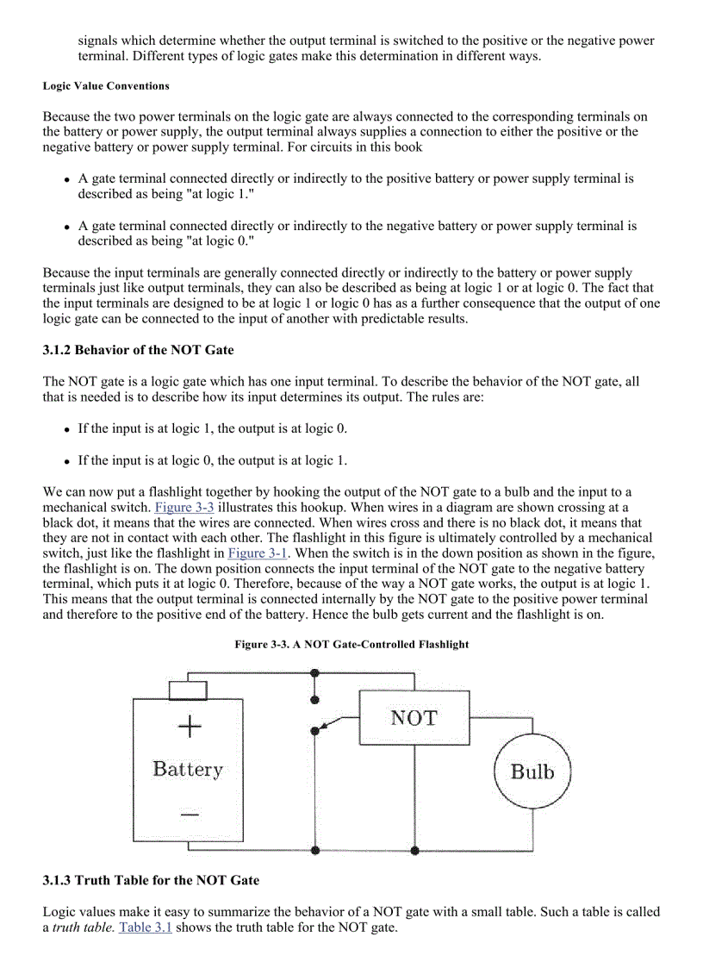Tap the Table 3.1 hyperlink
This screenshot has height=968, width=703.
[145, 928]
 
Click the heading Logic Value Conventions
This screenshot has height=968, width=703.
[106, 86]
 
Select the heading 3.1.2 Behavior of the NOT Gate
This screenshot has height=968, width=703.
[138, 351]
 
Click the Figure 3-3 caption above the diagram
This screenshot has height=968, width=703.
[351, 644]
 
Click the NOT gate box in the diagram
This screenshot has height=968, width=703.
[414, 718]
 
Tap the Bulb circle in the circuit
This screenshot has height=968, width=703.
[532, 771]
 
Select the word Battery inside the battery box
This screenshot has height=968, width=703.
[188, 768]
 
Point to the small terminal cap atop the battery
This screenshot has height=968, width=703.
[188, 689]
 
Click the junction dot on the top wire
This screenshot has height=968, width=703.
[315, 671]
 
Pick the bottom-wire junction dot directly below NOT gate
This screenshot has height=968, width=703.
[414, 850]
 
